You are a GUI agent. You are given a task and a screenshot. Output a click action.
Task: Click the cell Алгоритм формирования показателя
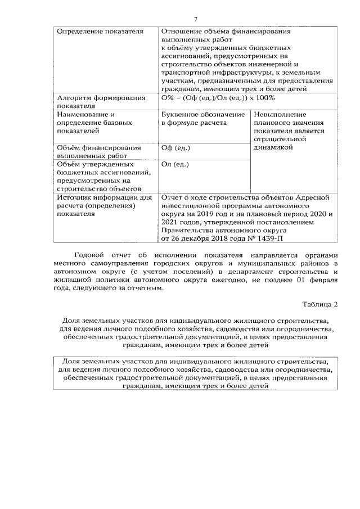tap(92, 101)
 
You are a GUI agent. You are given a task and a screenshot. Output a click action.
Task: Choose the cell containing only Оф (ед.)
tap(175, 148)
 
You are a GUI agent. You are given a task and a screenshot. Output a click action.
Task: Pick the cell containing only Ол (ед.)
tap(175, 164)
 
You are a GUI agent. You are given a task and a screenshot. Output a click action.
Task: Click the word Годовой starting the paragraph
tap(89, 255)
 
